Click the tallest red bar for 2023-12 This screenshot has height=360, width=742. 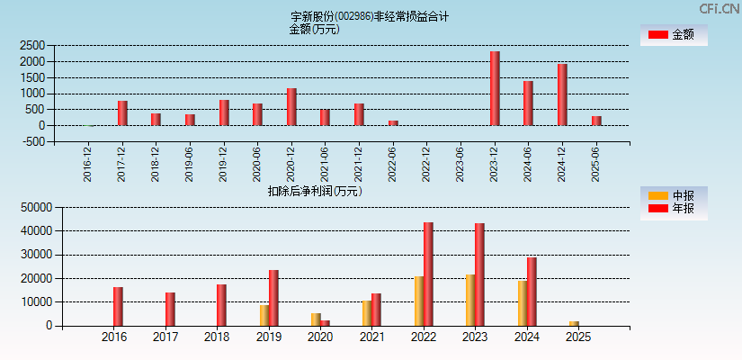tap(495, 88)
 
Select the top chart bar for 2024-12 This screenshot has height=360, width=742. tap(562, 94)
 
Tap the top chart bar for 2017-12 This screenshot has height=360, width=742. tap(122, 112)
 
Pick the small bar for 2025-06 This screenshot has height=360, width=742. tap(596, 121)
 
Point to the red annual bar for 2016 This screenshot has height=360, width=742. tap(118, 306)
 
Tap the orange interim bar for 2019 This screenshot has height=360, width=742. tap(264, 315)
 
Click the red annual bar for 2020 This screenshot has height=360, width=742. tap(325, 322)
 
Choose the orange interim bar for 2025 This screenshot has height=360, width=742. tap(574, 323)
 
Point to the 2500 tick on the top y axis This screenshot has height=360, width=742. tap(32, 45)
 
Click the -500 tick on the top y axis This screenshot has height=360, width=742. tap(34, 141)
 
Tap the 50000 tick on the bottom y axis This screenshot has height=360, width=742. tap(30, 207)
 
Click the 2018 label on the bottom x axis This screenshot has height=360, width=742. tap(217, 337)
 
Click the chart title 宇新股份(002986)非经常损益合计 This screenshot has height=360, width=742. tap(370, 16)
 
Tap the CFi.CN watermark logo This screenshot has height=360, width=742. tap(719, 9)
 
